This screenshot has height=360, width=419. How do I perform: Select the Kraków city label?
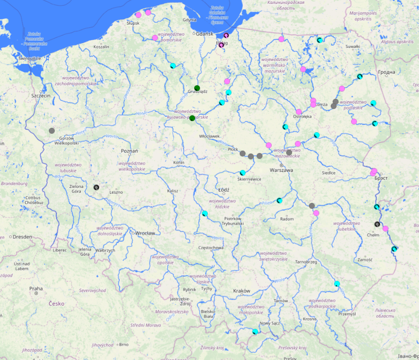[241, 291]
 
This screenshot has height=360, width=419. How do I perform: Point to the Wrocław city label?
[145, 233]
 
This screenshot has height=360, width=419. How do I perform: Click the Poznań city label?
[129, 151]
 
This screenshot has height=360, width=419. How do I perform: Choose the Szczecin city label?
[41, 96]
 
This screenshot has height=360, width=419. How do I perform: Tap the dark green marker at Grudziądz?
[197, 88]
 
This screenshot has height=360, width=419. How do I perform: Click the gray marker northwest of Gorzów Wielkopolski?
[52, 130]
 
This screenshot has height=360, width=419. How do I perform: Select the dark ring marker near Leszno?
[96, 187]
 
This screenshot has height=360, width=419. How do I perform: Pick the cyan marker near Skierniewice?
[243, 173]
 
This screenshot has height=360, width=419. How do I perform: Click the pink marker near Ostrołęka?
[299, 112]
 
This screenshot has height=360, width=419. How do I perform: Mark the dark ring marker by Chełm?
[377, 224]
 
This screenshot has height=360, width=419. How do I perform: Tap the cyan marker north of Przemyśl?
[337, 283]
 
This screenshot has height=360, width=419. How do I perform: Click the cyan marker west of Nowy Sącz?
[255, 331]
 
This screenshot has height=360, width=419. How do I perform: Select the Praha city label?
[36, 288]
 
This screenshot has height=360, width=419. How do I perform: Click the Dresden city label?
[23, 237]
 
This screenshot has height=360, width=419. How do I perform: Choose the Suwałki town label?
[353, 47]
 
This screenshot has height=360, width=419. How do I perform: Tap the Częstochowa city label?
[211, 248]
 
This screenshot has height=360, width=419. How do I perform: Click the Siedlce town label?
[329, 172]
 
